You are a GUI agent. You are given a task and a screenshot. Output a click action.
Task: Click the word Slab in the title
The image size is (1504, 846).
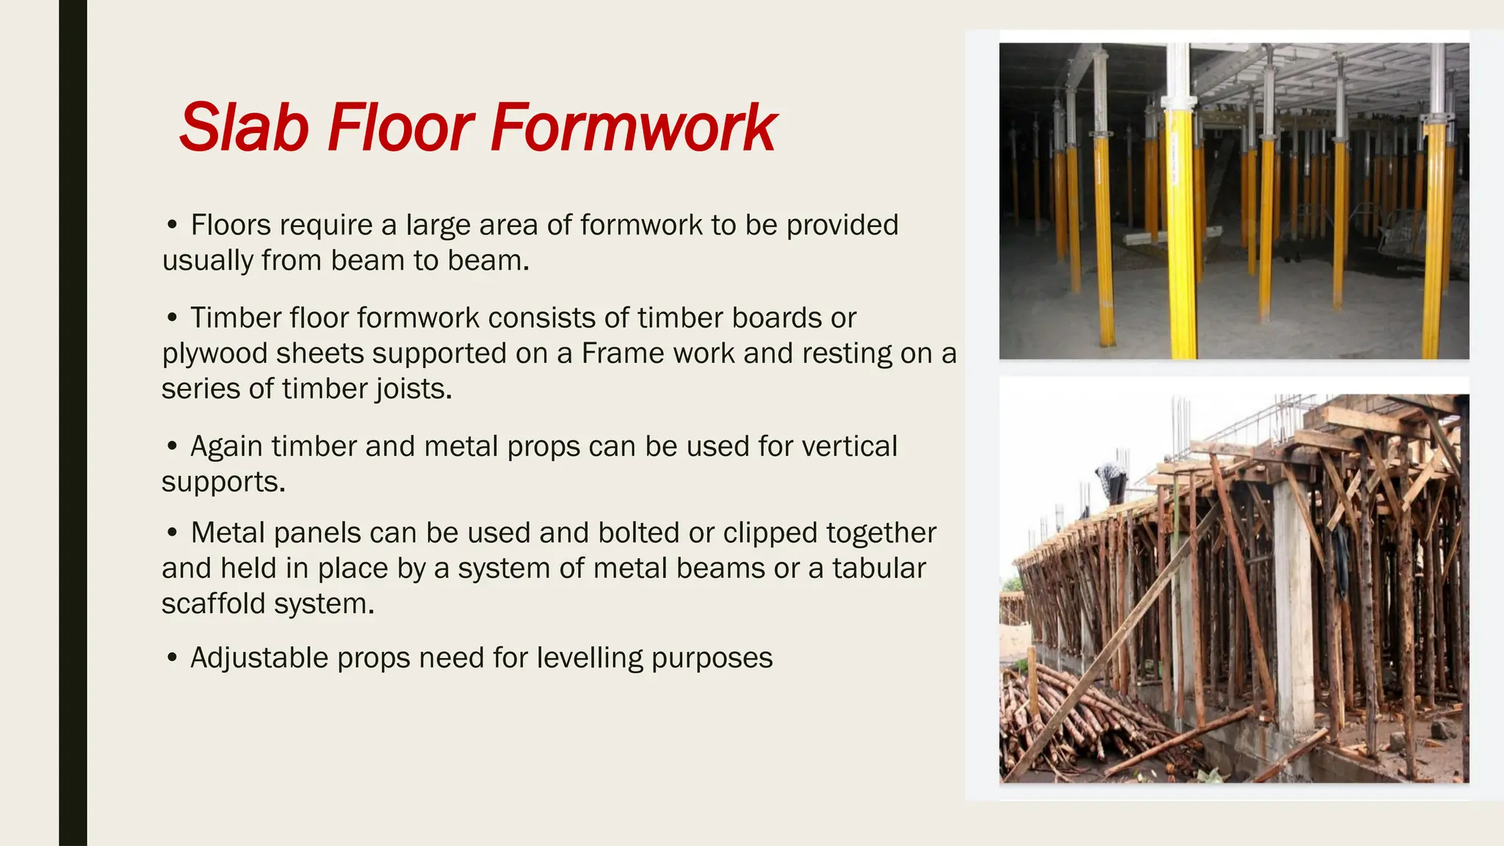(x=244, y=128)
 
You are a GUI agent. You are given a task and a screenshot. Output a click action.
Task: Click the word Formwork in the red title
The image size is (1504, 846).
(x=632, y=128)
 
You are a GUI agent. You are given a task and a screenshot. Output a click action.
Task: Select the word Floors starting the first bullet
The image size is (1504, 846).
(x=231, y=225)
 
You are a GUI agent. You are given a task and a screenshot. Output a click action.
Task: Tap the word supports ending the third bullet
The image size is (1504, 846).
(x=223, y=482)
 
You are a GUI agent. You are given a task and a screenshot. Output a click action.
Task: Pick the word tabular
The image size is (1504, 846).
(x=878, y=568)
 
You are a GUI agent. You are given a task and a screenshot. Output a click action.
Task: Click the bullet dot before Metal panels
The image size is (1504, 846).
(x=172, y=532)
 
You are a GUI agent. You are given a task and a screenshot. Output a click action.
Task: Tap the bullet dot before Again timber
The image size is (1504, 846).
(x=172, y=446)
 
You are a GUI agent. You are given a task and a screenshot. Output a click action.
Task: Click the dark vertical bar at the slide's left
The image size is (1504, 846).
(x=73, y=423)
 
